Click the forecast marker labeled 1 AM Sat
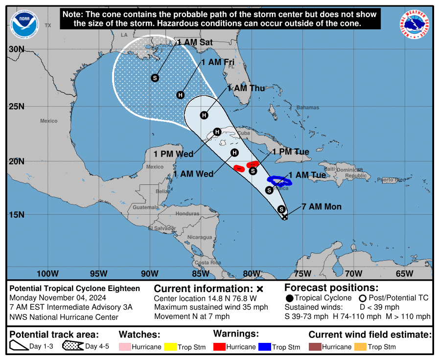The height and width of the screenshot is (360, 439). [x=155, y=78]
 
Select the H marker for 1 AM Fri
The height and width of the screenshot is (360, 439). [x=181, y=95]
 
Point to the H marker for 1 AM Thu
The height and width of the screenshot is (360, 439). [x=204, y=115]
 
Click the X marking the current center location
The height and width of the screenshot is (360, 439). [x=285, y=217]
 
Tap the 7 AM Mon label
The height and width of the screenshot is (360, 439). [x=321, y=207]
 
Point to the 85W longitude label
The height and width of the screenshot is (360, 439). [x=201, y=273]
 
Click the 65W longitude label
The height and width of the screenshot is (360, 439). [x=405, y=273]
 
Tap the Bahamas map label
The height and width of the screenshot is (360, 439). [x=307, y=108]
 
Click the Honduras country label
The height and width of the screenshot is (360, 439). [x=187, y=214]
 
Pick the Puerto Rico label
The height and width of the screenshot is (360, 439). [x=394, y=180]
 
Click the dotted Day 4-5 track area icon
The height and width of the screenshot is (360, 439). [x=72, y=346]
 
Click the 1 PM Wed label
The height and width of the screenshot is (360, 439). [x=173, y=154]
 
